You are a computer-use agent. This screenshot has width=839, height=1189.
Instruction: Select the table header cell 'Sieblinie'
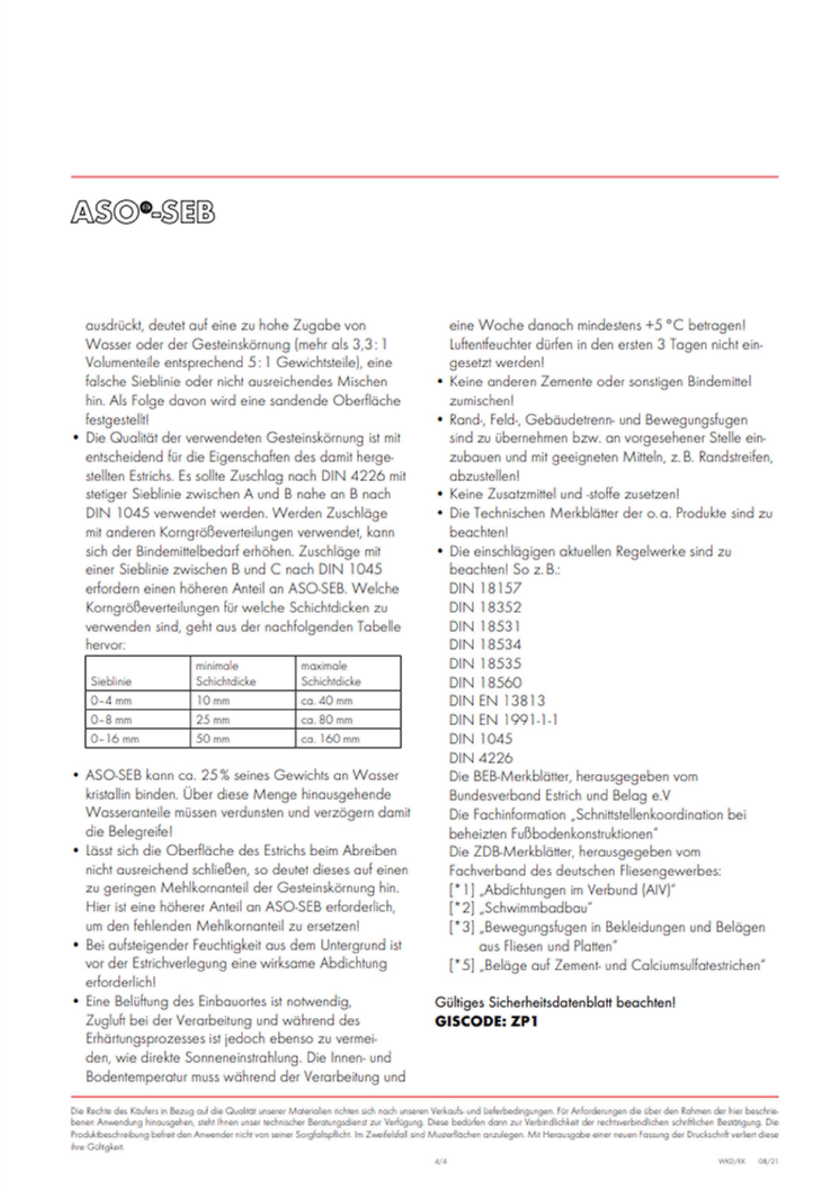(111, 681)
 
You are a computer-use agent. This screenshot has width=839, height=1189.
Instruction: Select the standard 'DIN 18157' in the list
(485, 588)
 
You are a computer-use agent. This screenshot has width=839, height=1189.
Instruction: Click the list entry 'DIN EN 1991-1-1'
(503, 720)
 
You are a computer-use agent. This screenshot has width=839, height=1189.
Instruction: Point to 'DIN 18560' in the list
(485, 682)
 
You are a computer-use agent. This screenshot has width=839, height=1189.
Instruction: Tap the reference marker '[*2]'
(462, 908)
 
